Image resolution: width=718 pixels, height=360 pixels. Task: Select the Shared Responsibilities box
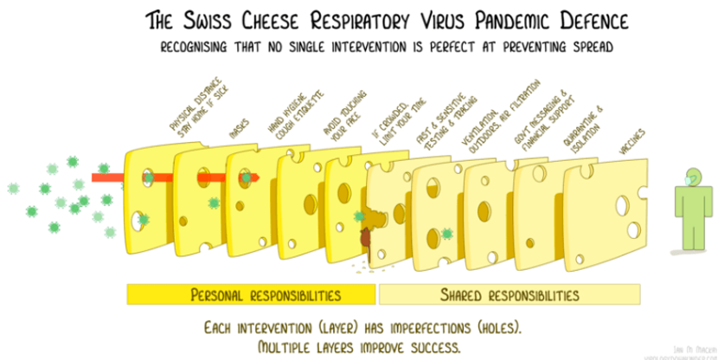click(x=505, y=295)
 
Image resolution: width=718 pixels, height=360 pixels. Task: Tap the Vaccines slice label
click(x=632, y=144)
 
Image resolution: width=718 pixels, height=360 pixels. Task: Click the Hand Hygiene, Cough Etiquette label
click(x=282, y=119)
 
